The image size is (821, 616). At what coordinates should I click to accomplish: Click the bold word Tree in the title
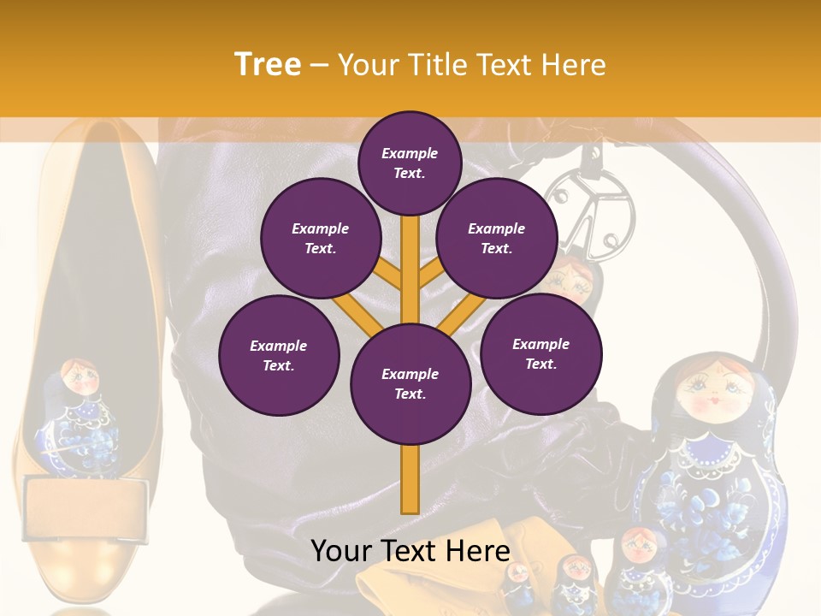tap(268, 64)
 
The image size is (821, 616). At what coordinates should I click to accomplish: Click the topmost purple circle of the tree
tap(410, 163)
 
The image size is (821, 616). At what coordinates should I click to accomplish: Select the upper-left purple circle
tap(321, 238)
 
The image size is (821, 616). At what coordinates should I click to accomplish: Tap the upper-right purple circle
tap(497, 238)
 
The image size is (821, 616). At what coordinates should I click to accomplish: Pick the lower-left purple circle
tap(279, 355)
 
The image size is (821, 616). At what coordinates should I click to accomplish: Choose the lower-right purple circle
tap(540, 353)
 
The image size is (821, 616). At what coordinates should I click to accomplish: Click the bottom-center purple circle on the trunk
tap(410, 383)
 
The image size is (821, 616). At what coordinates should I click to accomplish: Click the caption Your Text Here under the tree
tap(410, 551)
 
